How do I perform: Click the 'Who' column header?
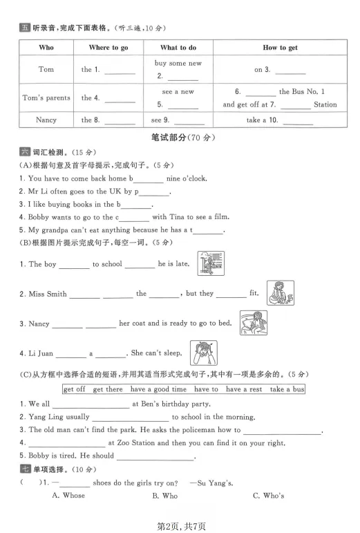tap(46, 48)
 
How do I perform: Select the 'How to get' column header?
tap(279, 48)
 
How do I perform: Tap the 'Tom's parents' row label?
tap(46, 97)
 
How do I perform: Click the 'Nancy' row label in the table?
tap(46, 120)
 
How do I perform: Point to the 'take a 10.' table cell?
tap(279, 120)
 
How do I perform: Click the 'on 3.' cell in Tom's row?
tap(279, 69)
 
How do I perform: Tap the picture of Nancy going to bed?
tap(254, 323)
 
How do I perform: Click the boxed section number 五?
tap(25, 28)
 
